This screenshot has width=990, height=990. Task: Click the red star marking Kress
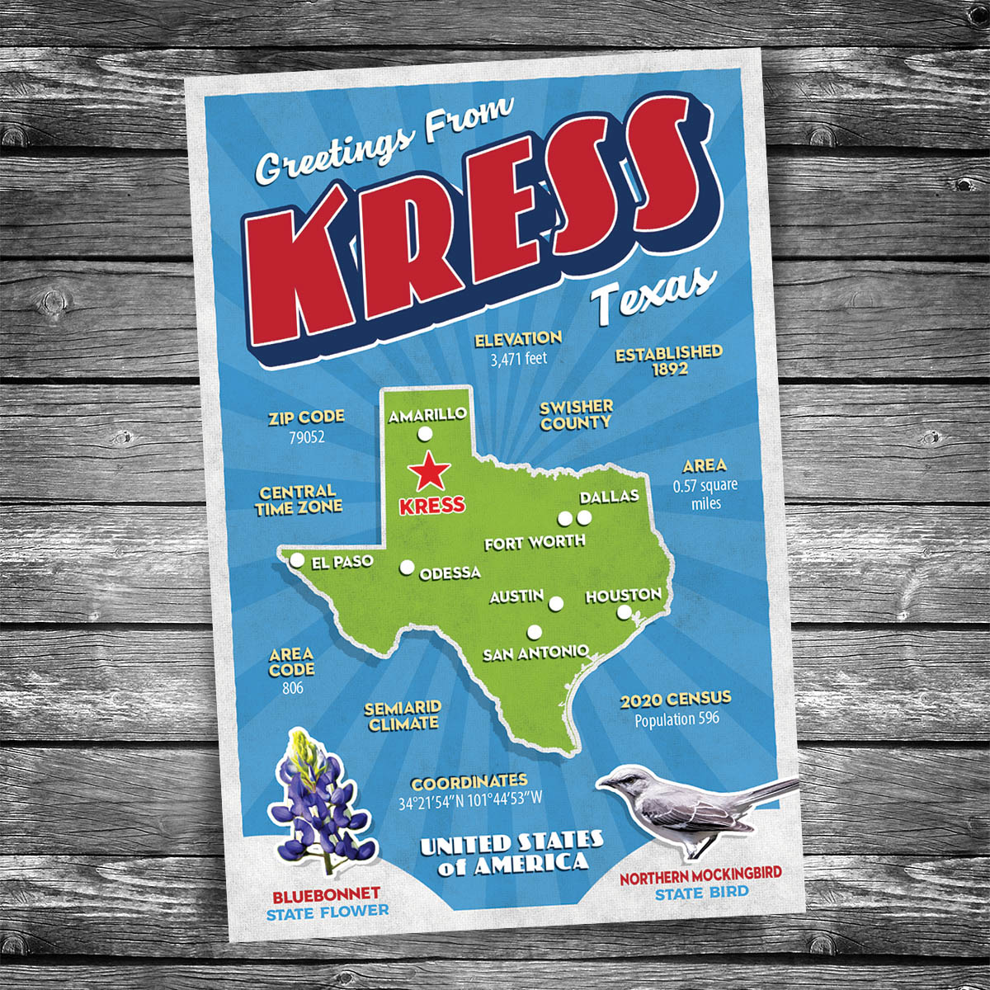point(430,472)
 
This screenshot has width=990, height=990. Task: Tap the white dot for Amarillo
point(425,434)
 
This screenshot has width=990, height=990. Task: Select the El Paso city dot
point(296,561)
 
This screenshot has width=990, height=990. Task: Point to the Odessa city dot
point(407,567)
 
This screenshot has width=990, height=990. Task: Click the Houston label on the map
point(623,595)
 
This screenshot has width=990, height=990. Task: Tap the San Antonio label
point(535,653)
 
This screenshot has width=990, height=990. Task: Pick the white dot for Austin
point(555,604)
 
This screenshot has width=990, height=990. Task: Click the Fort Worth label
point(535,542)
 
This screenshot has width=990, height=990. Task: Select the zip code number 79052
point(305,436)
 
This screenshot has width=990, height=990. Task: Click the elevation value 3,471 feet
point(518,359)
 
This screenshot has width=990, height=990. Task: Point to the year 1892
point(669,370)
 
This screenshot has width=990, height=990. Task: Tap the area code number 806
point(291,688)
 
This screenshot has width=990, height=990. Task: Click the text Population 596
point(676,719)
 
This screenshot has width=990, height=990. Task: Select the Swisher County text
point(576,414)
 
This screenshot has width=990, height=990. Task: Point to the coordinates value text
point(470,800)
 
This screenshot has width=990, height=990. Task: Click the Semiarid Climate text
point(403,716)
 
